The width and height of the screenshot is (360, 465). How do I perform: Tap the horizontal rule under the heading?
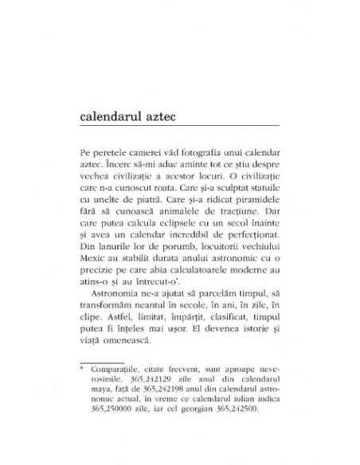[x=180, y=127]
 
